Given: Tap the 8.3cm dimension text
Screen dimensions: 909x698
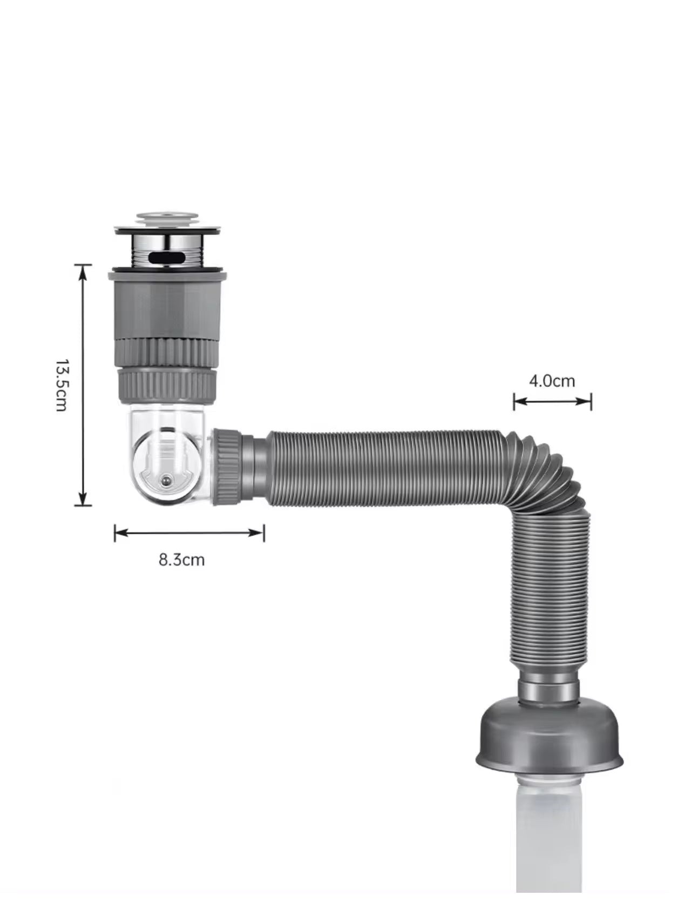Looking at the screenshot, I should [x=182, y=559].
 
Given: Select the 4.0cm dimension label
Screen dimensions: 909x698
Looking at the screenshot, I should [x=552, y=381].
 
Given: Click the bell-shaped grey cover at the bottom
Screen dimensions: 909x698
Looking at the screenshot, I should [x=550, y=740].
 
